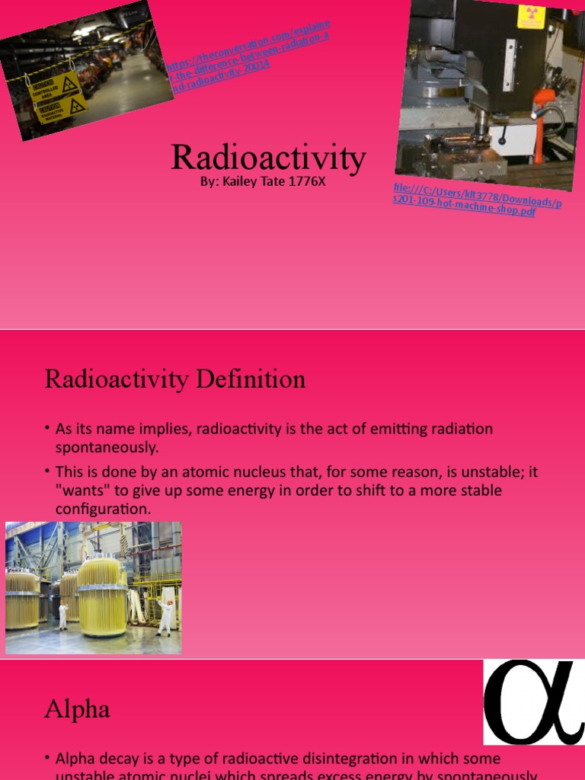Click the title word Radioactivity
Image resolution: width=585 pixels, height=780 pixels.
[x=268, y=158]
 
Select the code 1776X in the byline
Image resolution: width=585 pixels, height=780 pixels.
[x=307, y=183]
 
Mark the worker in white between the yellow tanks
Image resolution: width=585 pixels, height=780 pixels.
[x=63, y=615]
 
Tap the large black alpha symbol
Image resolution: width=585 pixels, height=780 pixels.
[x=533, y=702]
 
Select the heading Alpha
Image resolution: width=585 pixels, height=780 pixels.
[x=77, y=709]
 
